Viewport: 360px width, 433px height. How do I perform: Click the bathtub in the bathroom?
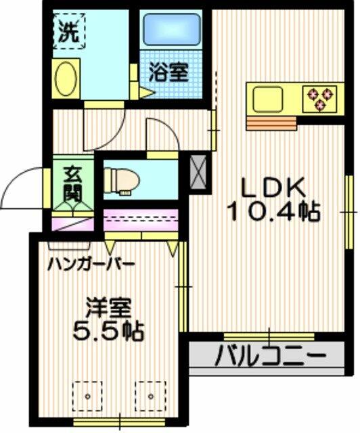[x=172, y=30]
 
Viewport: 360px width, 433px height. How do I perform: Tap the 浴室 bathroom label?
[x=168, y=72]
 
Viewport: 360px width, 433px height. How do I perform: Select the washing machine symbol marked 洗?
[x=69, y=31]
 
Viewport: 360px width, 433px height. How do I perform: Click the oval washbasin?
[x=66, y=78]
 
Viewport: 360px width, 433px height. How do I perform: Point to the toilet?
[x=122, y=181]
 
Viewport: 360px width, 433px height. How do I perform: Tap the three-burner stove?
[x=320, y=99]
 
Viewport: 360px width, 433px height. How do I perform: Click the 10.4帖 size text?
[x=273, y=212]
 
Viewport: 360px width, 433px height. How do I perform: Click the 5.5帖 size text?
[x=108, y=331]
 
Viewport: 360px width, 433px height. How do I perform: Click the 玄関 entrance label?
[x=72, y=184]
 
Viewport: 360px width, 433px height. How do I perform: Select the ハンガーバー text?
[x=91, y=265]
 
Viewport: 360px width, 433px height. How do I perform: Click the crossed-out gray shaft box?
[x=199, y=172]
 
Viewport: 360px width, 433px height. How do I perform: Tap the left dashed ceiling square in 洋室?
[x=87, y=396]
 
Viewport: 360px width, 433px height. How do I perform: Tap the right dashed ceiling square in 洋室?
[x=151, y=396]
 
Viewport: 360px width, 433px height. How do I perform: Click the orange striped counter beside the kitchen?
[x=271, y=123]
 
